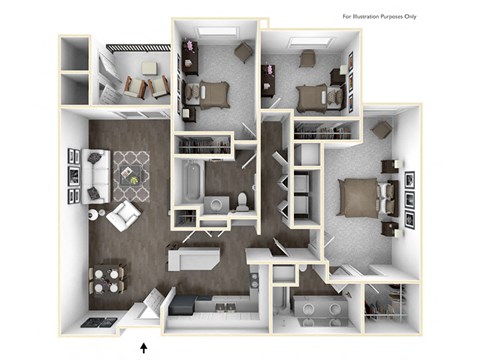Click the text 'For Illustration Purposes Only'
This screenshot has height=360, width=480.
(x=407, y=17)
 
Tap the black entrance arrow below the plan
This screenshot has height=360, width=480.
(x=146, y=346)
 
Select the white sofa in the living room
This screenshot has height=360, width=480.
(x=95, y=174)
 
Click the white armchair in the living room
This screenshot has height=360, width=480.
(x=123, y=214)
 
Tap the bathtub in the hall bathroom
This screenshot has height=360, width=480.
(x=190, y=184)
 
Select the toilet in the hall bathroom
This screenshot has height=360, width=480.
(x=242, y=201)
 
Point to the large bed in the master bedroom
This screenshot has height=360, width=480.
(x=360, y=194)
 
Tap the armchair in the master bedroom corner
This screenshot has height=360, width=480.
(x=381, y=130)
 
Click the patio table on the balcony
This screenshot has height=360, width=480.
(x=148, y=69)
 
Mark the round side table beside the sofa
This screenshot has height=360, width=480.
(x=94, y=214)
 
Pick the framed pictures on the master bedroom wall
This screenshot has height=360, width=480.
(x=408, y=194)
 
